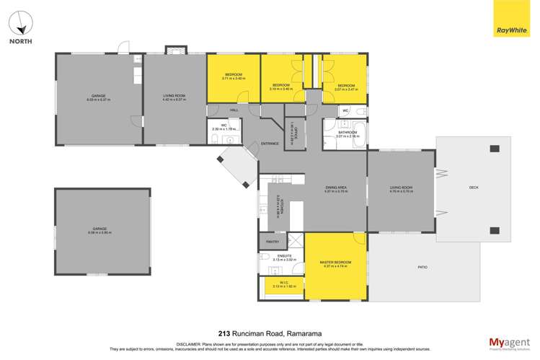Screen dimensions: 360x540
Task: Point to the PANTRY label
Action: [273, 242]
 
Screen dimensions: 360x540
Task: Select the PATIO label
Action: [422, 268]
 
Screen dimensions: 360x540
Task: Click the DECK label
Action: [474, 188]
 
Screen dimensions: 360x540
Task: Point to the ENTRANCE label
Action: [270, 143]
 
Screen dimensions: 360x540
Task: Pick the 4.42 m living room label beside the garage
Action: [174, 97]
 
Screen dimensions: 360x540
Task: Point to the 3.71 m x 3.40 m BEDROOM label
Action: [233, 77]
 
